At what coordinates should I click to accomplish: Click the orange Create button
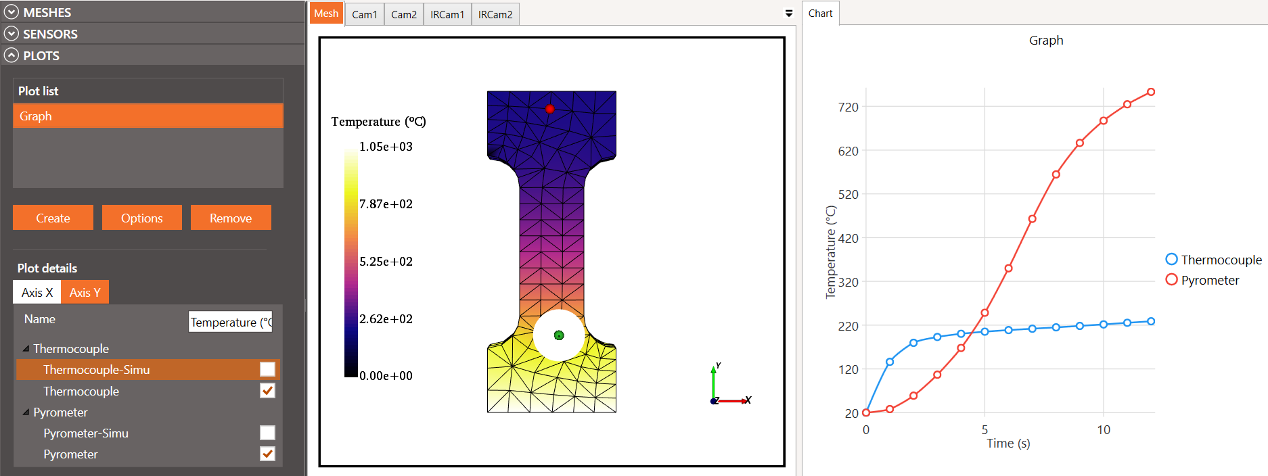[53, 218]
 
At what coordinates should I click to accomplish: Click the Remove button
[230, 218]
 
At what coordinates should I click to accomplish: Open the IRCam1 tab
[447, 14]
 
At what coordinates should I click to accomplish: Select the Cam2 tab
[403, 14]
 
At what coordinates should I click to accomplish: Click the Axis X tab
[37, 292]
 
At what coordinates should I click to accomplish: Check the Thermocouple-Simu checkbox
[267, 369]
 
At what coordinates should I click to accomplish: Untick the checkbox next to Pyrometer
[267, 454]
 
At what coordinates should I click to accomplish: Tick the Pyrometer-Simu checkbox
[267, 433]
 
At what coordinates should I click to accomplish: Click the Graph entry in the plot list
[148, 116]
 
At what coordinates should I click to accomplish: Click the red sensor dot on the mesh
[549, 109]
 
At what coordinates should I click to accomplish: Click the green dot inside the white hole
[559, 335]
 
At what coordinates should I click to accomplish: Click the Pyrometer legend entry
[1209, 280]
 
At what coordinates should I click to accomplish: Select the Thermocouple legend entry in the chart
[1220, 260]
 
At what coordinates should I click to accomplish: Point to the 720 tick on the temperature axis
[848, 107]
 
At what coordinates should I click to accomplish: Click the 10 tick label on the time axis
[1103, 430]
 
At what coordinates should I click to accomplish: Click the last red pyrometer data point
[1151, 92]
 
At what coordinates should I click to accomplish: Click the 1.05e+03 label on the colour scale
[386, 147]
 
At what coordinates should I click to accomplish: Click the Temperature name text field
[230, 322]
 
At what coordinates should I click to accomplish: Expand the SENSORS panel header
[50, 34]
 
